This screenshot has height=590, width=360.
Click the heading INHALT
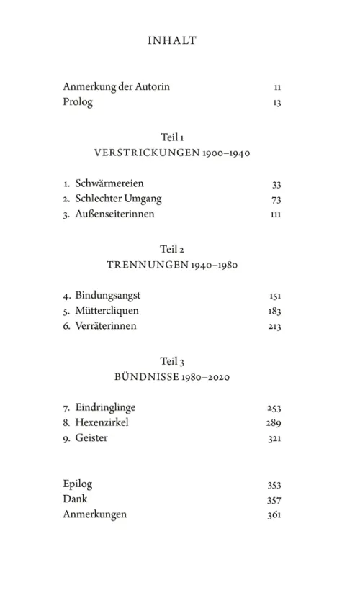tap(171, 41)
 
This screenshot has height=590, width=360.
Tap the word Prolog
tap(78, 102)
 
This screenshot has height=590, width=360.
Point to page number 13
tap(276, 103)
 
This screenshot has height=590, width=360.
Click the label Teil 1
tap(172, 137)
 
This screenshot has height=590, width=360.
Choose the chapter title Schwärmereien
tap(105, 183)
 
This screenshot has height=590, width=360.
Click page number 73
tap(276, 199)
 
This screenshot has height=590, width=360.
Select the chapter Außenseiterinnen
tap(114, 214)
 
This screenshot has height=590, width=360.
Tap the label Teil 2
tap(172, 249)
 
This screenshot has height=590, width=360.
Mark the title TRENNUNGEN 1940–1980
tap(172, 265)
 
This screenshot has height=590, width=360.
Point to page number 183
tap(273, 312)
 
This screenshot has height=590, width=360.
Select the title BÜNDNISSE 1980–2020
tap(172, 376)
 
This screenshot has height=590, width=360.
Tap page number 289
tap(273, 423)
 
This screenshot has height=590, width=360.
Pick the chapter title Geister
tap(91, 437)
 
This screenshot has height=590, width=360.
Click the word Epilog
tap(78, 484)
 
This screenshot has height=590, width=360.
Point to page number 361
tap(273, 515)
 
